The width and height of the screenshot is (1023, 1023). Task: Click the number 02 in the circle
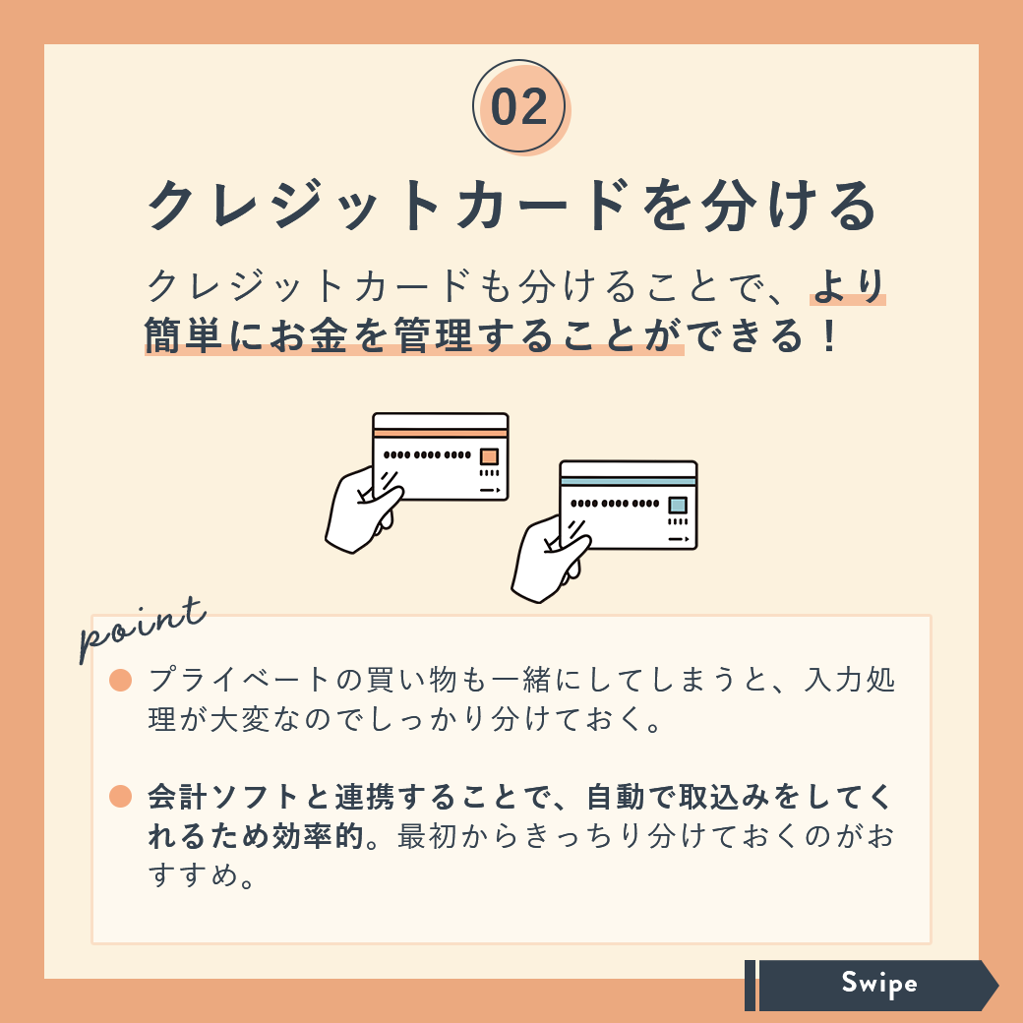coord(519,107)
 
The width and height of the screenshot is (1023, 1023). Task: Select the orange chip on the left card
coord(489,456)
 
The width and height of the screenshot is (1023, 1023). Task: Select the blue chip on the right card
coord(678,505)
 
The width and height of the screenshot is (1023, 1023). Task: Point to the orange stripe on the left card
coord(441,433)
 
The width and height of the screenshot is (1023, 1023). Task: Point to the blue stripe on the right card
coord(629,481)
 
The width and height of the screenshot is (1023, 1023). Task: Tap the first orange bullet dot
coord(121,680)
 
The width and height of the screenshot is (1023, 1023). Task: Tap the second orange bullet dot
coord(121,796)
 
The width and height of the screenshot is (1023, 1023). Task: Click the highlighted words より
coord(848,286)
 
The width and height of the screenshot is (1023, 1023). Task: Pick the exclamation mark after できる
coord(829,335)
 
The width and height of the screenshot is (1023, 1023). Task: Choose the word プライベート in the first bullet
coord(238,680)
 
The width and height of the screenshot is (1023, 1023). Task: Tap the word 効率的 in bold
coord(319,836)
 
